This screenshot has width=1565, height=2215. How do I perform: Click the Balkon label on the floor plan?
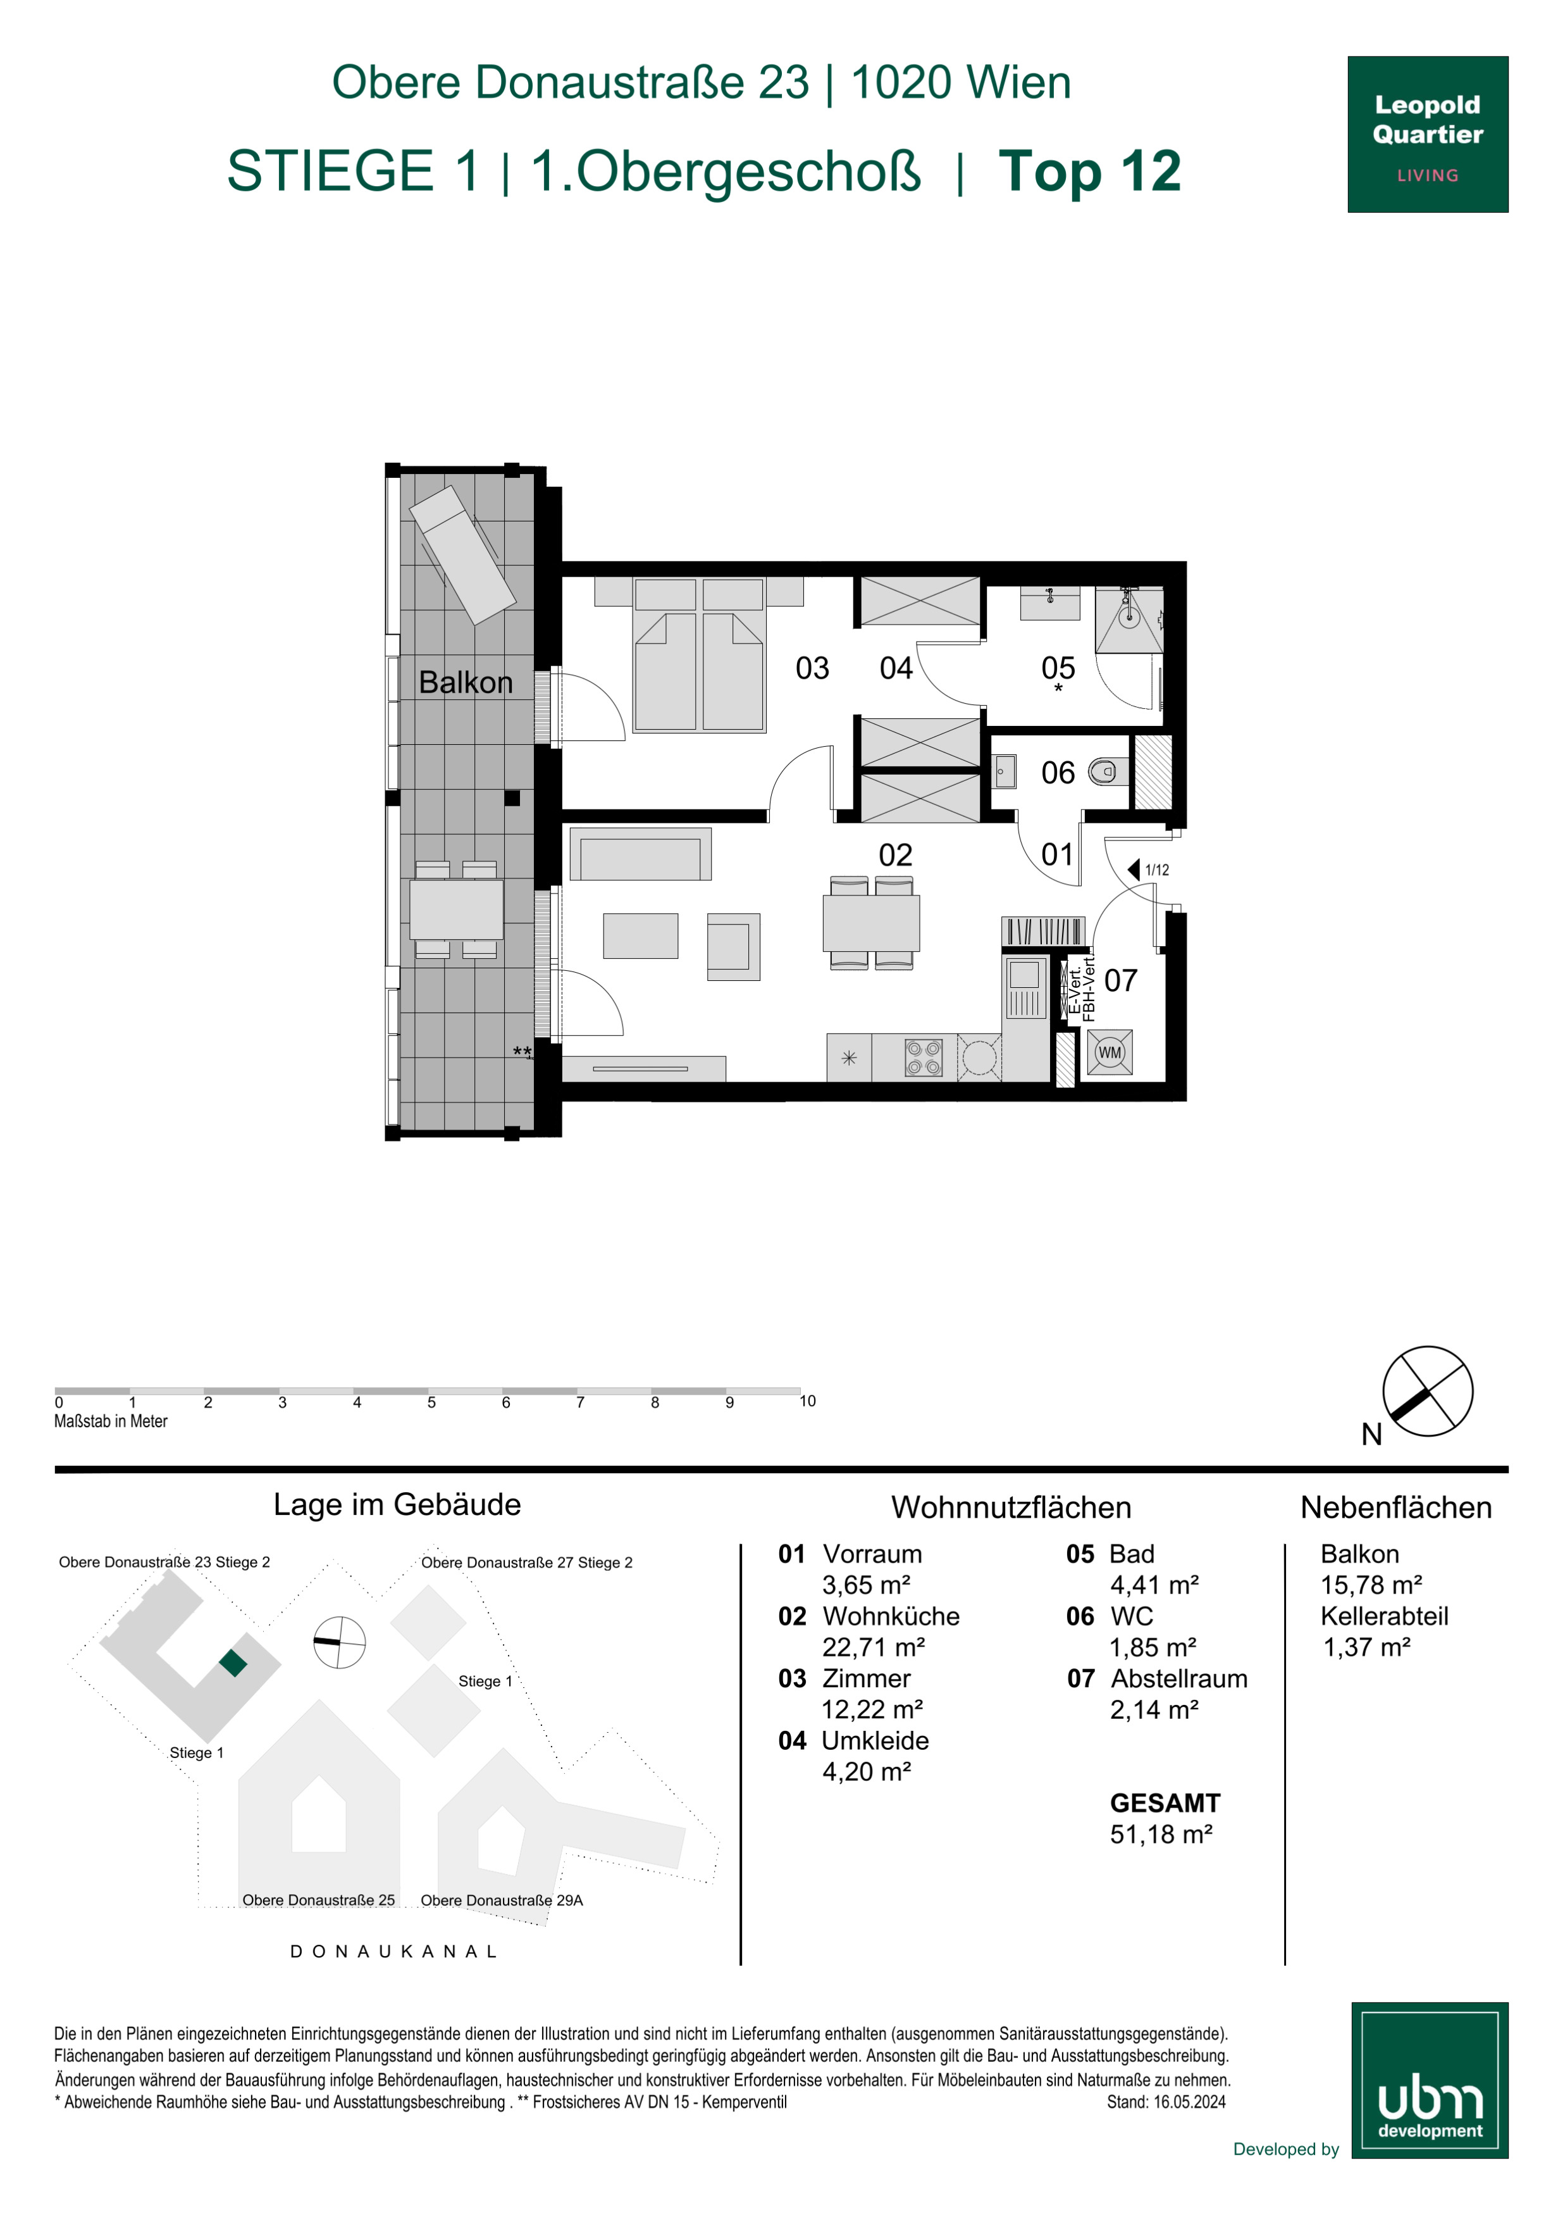point(466,682)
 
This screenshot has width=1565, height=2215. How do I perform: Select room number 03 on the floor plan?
point(812,668)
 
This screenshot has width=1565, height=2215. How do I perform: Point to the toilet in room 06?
point(1107,771)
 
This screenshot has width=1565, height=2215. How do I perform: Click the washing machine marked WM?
point(1110,1052)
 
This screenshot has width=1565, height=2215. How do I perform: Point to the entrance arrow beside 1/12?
point(1134,869)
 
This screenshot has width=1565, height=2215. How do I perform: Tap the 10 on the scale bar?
point(807,1401)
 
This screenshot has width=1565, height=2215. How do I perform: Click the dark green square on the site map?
point(233,1663)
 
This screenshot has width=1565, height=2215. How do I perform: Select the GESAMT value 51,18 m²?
point(1161,1834)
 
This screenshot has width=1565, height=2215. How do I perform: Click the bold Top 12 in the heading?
point(1090,171)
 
